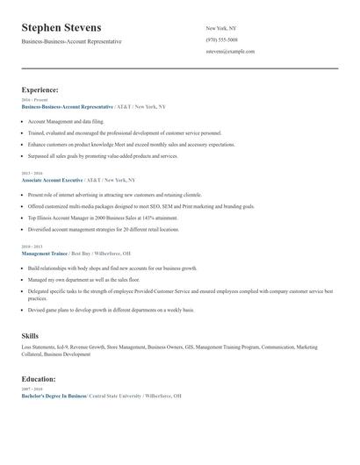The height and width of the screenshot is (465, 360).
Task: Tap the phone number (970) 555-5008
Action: pos(221,39)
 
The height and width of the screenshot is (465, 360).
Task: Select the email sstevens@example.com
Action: pos(230,51)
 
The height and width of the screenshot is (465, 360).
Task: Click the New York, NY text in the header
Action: pos(220,28)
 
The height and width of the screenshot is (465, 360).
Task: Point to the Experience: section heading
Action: pos(40,89)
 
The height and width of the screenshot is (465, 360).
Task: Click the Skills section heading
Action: pos(30,336)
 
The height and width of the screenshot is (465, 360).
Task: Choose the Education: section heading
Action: pos(39,379)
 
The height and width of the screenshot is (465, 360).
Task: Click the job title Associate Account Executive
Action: pos(58,180)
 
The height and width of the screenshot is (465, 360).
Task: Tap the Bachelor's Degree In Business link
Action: pos(54,397)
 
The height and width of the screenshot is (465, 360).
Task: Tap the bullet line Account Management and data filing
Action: pos(65,120)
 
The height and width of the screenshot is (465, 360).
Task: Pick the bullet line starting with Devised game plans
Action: pos(111,310)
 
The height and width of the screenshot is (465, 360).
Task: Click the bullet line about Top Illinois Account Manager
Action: pos(103,218)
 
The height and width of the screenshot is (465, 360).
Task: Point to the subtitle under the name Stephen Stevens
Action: pos(72,41)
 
